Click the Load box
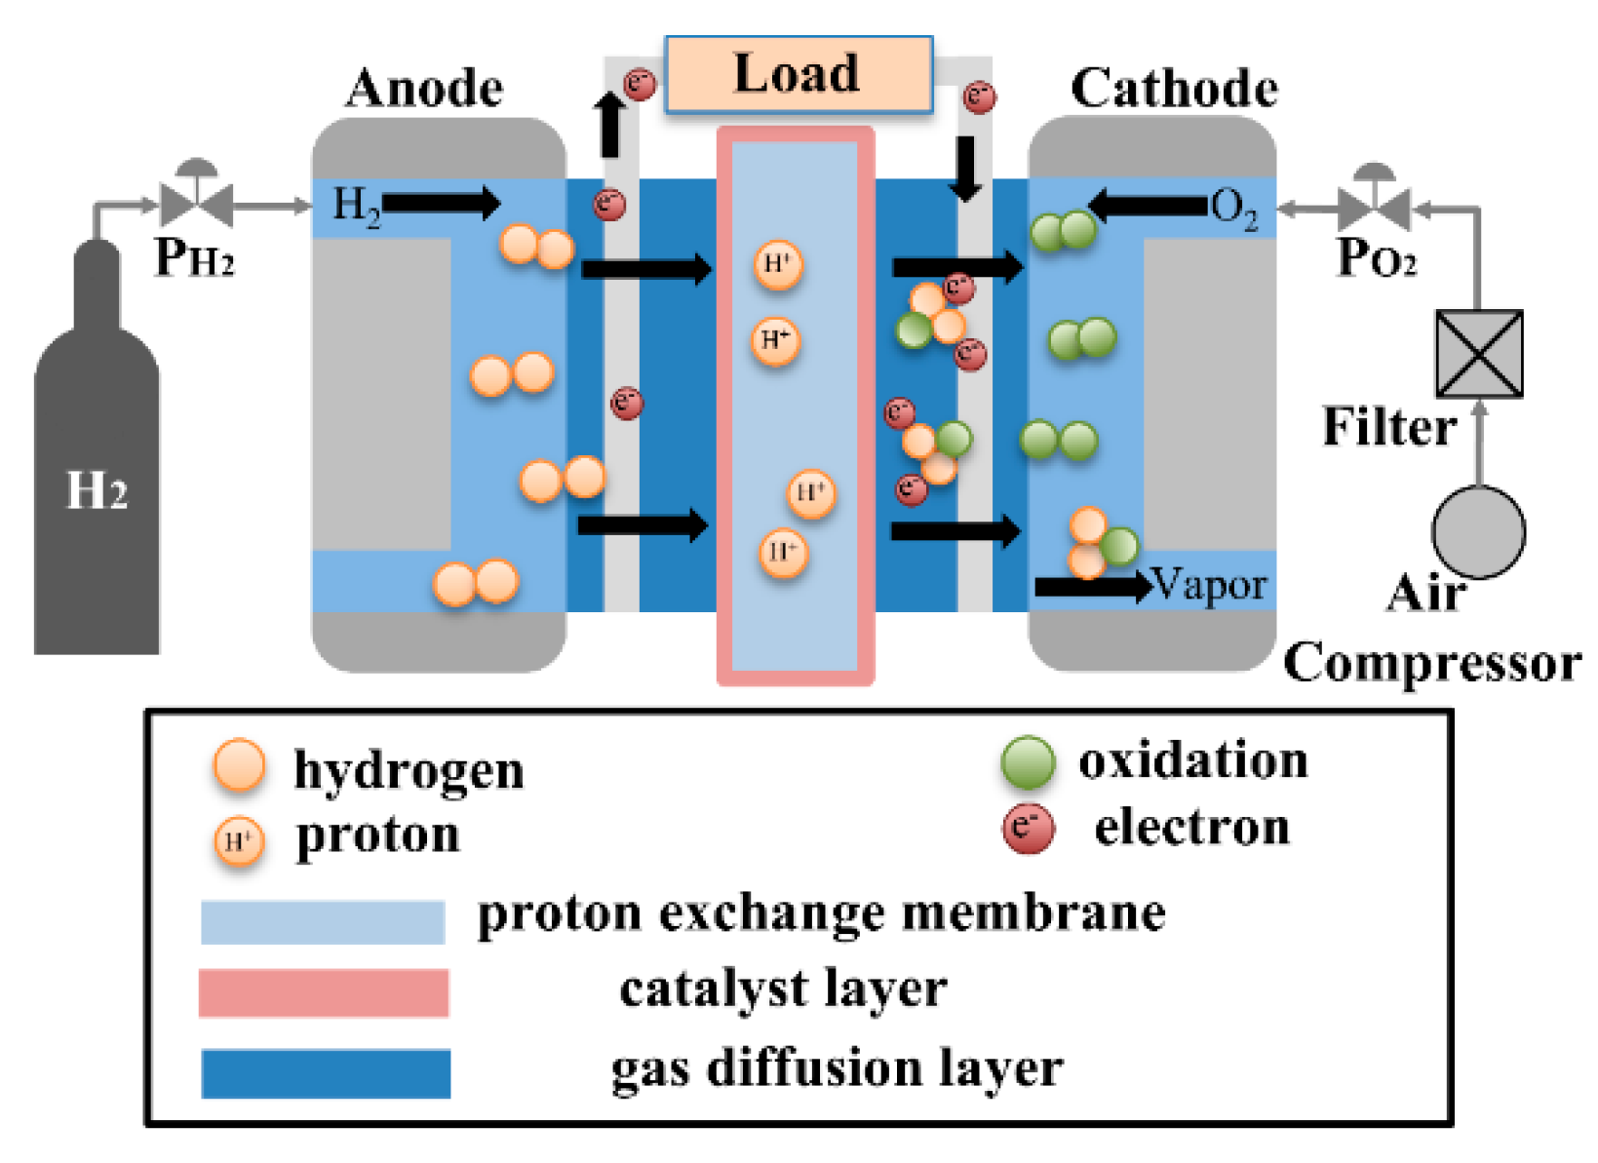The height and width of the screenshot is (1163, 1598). pyautogui.click(x=798, y=74)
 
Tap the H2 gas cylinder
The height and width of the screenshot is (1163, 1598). pyautogui.click(x=96, y=468)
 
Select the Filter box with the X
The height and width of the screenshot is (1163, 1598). pyautogui.click(x=1478, y=354)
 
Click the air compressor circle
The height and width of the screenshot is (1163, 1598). pyautogui.click(x=1478, y=532)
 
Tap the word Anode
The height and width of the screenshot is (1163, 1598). pyautogui.click(x=424, y=89)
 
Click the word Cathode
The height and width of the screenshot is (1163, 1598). pyautogui.click(x=1174, y=89)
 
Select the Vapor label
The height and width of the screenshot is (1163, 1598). pyautogui.click(x=1209, y=585)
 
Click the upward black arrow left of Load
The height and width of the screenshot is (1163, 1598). pyautogui.click(x=610, y=124)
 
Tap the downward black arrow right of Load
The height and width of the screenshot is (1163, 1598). pyautogui.click(x=966, y=168)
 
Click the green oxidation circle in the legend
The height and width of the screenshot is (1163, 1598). pyautogui.click(x=1028, y=761)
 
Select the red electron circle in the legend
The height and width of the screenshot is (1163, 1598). pyautogui.click(x=1028, y=829)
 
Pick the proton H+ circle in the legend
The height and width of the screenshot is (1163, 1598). pyautogui.click(x=239, y=840)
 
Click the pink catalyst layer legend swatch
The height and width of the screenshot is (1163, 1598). pyautogui.click(x=323, y=992)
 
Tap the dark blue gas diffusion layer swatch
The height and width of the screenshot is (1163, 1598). pyautogui.click(x=326, y=1073)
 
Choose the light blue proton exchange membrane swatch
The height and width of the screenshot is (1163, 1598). pyautogui.click(x=323, y=922)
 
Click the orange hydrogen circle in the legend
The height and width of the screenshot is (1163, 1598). pyautogui.click(x=239, y=765)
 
